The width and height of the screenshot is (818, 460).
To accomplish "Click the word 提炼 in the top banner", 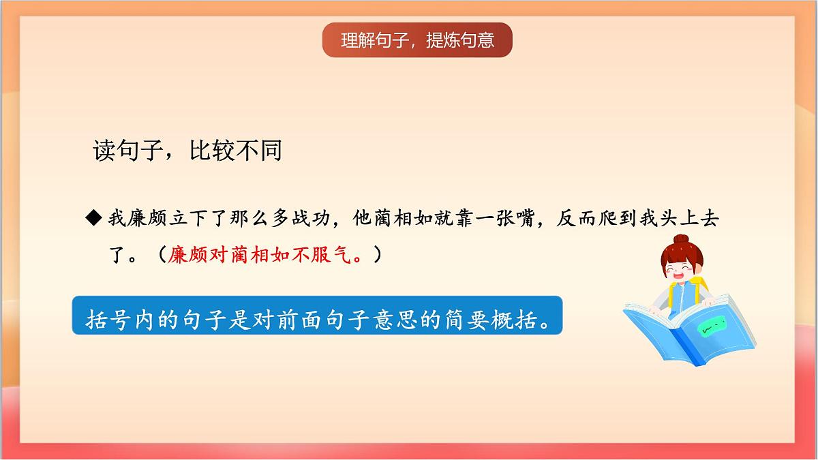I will point(442,40).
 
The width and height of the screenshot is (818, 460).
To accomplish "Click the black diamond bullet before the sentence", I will point(93,218).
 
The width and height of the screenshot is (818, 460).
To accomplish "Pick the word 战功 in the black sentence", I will point(312,218).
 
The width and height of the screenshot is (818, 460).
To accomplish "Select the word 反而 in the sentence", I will point(577,218).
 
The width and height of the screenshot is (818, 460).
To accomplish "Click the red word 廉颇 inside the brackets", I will point(186,255).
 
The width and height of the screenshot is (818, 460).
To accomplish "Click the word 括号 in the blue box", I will point(104,319).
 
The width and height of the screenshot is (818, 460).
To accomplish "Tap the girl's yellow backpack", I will point(699,290).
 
